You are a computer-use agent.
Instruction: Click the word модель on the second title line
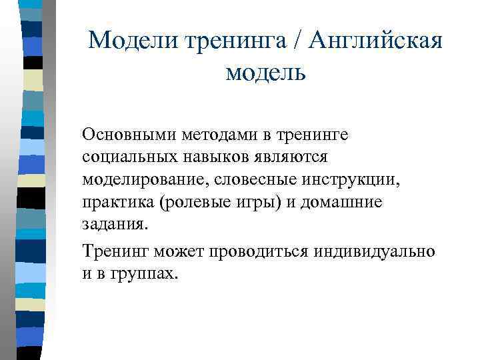point(265,71)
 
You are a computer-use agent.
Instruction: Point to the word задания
point(113,225)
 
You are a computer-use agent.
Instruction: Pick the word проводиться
point(249,251)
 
